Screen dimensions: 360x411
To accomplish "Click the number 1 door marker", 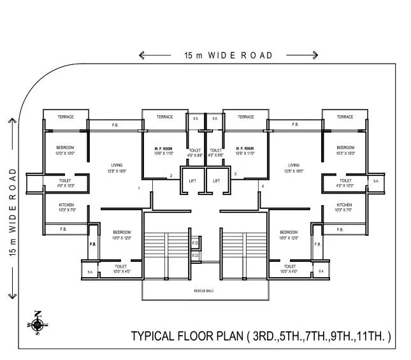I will click(x=139, y=188).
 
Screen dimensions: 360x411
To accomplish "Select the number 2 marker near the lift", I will click(x=170, y=176).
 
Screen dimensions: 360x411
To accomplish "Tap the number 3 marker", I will click(x=235, y=174).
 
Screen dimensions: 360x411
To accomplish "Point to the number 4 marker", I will click(x=262, y=185).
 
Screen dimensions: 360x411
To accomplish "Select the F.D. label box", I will click(x=195, y=243).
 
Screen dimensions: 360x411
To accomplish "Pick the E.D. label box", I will click(x=195, y=256).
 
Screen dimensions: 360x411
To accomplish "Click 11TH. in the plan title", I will click(x=373, y=336).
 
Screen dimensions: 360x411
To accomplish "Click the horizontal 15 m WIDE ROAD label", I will click(x=228, y=55).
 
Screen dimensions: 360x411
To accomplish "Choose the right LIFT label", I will click(x=216, y=180).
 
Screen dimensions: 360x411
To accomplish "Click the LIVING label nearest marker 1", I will click(x=115, y=165).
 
